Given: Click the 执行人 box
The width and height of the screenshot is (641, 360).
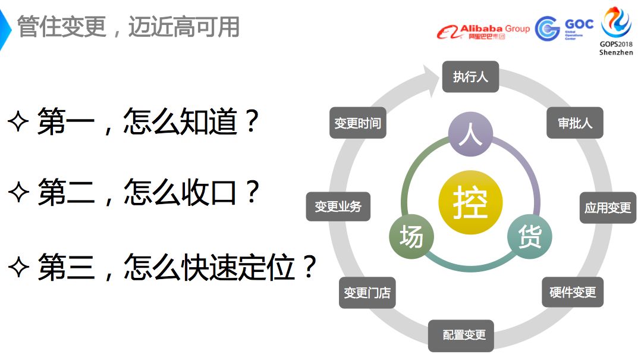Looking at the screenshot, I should tap(470, 77).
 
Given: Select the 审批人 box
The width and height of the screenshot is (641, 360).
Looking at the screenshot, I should tap(574, 123).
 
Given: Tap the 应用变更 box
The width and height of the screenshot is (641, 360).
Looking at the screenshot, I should tap(607, 208).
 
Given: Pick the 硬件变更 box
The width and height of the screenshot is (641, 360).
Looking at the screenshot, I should tap(572, 292).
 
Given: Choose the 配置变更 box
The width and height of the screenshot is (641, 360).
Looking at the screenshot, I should tap(464, 335).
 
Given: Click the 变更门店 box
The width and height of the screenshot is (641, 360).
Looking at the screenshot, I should tap(367, 293).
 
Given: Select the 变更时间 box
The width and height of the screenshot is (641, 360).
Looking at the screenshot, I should tap(357, 123).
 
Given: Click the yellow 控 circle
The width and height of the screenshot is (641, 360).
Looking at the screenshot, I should tap(470, 202).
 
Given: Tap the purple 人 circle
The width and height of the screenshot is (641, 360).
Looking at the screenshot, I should tap(470, 135).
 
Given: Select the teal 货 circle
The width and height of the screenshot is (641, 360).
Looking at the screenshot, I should tap(529, 236).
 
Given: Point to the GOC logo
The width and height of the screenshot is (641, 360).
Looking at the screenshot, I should tap(563, 28).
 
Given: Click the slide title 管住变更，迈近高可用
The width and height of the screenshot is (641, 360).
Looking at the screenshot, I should tap(128, 27).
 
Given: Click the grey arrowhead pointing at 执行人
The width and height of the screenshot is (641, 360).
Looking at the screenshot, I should tap(432, 76).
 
